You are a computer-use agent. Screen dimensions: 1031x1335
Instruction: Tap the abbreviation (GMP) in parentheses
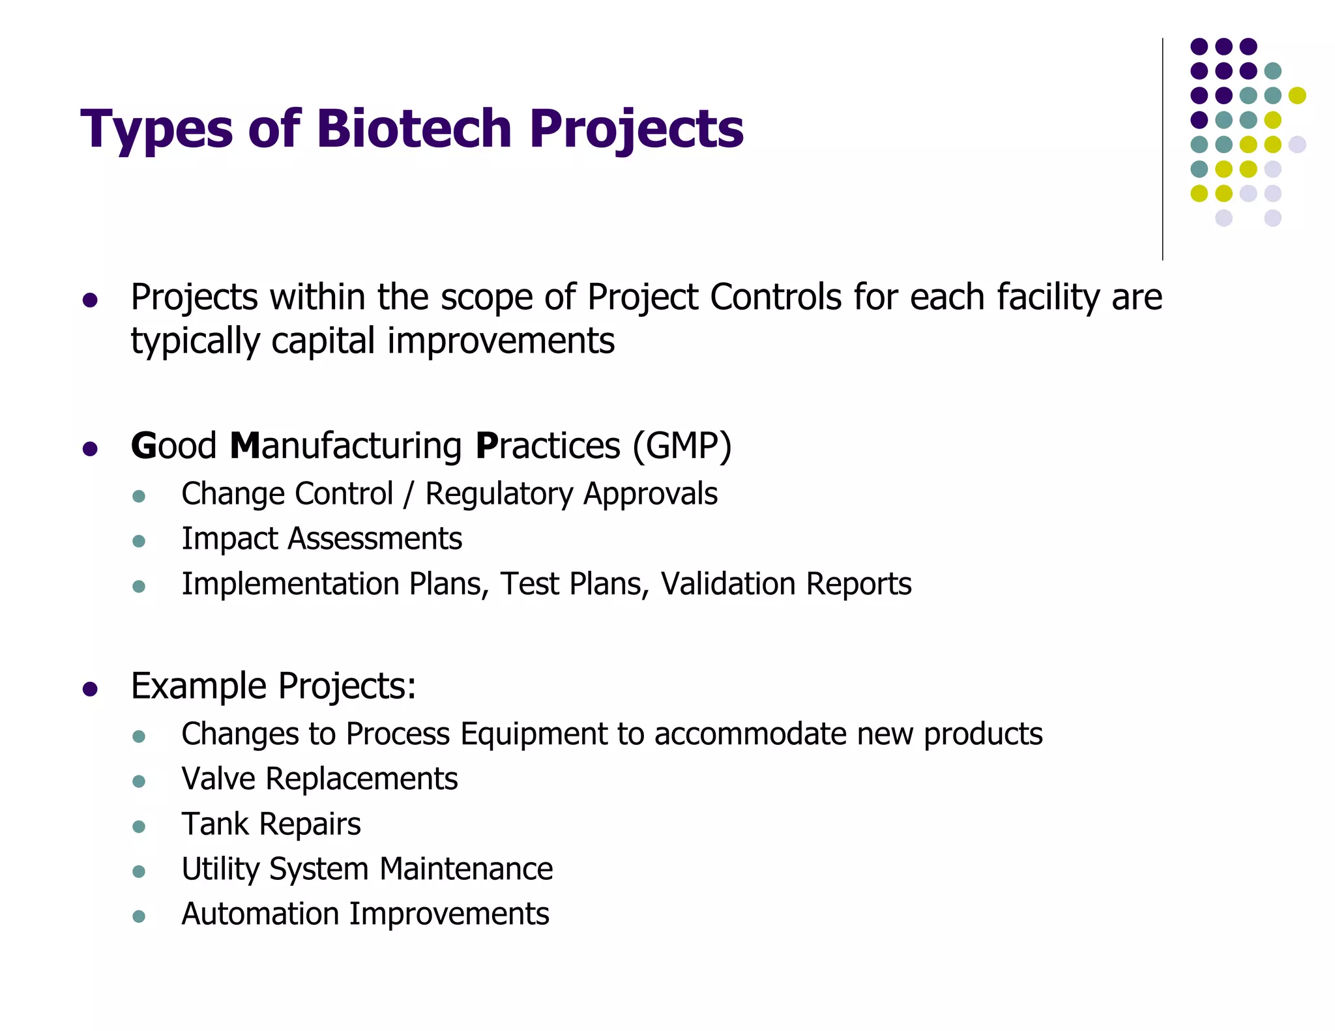(682, 446)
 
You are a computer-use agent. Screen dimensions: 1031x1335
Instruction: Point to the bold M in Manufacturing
(245, 446)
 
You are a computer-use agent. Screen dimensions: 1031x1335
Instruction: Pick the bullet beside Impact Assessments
(138, 541)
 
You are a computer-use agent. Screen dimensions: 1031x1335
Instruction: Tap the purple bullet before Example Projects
(90, 690)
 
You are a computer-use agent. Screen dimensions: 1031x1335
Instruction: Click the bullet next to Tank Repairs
(138, 826)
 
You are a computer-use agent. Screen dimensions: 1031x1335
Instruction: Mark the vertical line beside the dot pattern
(1162, 150)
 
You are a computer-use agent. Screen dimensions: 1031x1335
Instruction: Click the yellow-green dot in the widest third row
(1297, 95)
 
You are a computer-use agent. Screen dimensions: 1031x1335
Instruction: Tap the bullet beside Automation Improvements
(138, 916)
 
